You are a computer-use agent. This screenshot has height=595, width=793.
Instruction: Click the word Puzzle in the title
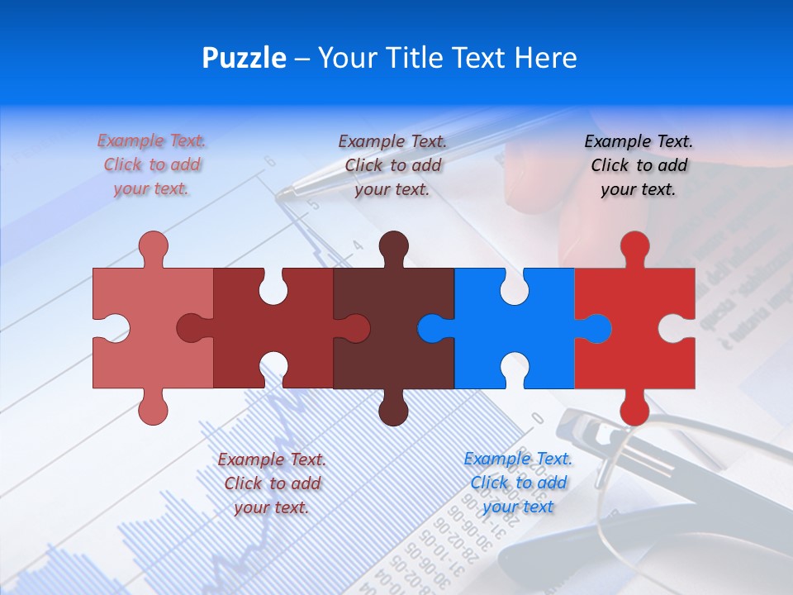coord(245,59)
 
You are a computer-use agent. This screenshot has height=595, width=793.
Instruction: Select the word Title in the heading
coord(410,58)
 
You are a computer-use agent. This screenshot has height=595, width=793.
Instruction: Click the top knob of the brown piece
coord(393,247)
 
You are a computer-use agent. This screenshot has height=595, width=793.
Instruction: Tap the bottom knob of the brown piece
coord(393,410)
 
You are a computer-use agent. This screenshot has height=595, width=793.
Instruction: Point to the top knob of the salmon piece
coord(153,247)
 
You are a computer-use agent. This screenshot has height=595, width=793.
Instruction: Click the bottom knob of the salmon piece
coord(153,410)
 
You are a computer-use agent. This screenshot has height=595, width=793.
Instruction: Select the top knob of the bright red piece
coord(634,247)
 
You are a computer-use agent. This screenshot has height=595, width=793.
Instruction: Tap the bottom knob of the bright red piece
coord(634,410)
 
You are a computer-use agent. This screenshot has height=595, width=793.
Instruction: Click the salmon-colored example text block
coord(152,165)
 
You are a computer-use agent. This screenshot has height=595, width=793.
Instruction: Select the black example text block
coord(639,165)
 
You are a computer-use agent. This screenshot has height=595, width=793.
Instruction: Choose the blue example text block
coord(518,483)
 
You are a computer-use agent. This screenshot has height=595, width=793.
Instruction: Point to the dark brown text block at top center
coord(392,165)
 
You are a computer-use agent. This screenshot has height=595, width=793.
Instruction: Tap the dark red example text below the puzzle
coord(272,483)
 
